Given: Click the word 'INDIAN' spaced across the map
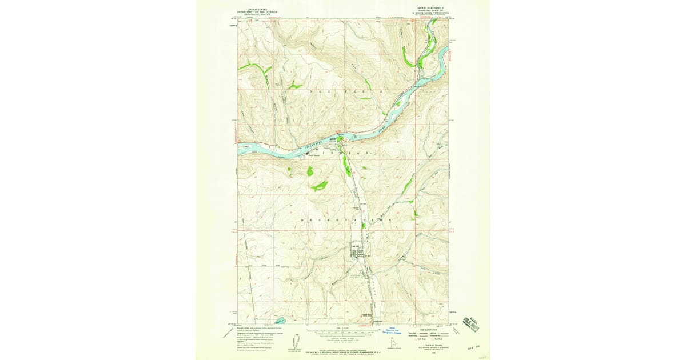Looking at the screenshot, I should pos(345,154).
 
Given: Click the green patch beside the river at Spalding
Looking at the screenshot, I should pos(341,139).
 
